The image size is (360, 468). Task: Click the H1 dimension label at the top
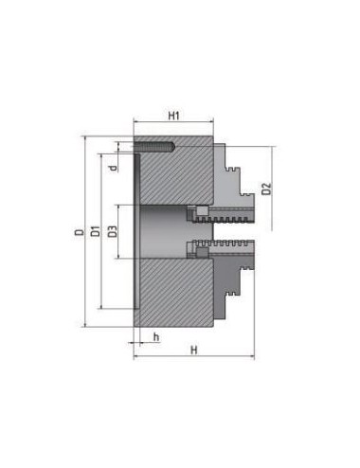(173, 116)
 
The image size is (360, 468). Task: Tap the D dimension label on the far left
(79, 231)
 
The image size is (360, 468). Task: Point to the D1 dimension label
(95, 231)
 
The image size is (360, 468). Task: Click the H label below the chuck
(193, 349)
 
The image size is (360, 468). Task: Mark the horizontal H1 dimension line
(173, 124)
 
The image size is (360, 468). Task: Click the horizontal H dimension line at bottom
(193, 357)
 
